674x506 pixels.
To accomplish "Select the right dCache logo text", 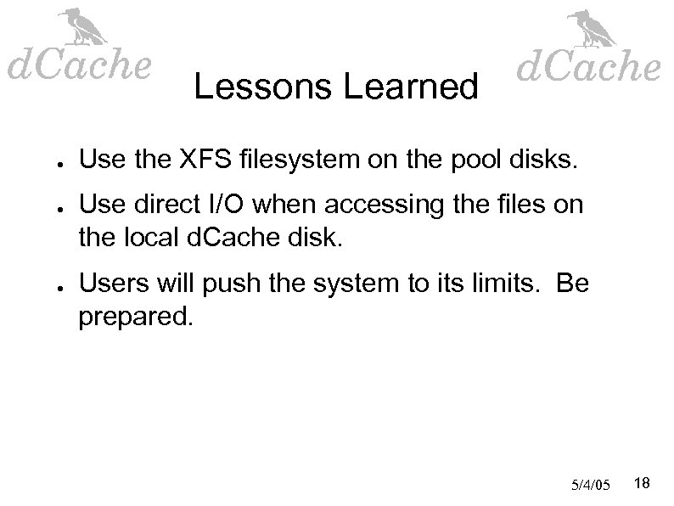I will point(587,66).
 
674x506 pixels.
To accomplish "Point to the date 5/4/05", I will point(592,485).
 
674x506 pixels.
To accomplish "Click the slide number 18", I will point(643,483).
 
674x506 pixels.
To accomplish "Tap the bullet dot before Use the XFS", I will point(53,159).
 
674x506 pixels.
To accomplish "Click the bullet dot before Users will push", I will point(53,284).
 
